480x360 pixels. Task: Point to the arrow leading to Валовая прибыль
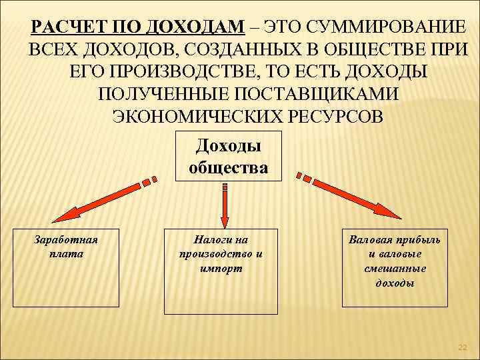353,197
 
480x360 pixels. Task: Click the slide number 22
463,347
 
